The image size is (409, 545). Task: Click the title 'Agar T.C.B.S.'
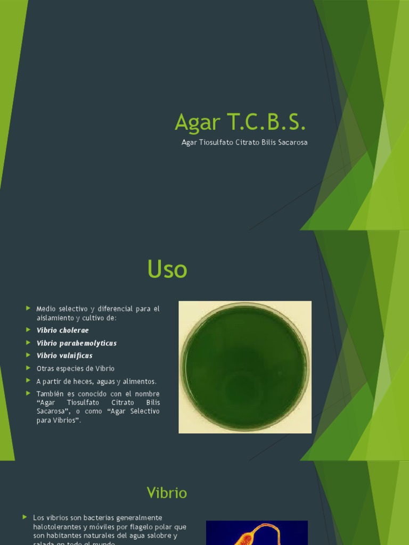[240, 123]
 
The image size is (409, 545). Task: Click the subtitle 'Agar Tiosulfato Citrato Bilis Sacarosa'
[244, 143]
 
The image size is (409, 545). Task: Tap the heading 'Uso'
[167, 269]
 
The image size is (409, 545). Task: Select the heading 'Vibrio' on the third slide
[167, 493]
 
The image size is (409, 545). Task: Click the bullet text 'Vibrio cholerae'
[62, 330]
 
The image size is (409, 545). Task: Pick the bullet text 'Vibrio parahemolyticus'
[76, 343]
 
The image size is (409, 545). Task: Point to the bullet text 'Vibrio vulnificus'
[64, 356]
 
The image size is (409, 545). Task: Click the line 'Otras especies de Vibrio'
[75, 368]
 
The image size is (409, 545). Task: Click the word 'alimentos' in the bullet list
[140, 381]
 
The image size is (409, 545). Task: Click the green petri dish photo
[245, 367]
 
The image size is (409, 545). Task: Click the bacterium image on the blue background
[257, 533]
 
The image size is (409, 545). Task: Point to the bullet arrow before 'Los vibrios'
[24, 517]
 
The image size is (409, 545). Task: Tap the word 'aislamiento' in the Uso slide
[55, 318]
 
